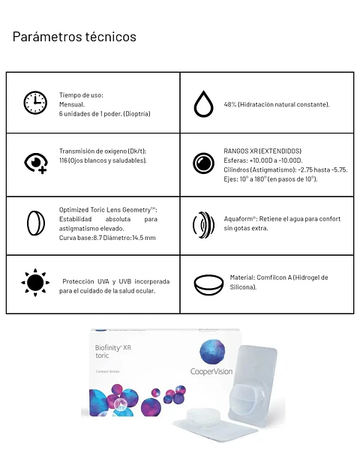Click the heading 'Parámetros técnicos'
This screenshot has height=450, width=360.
(x=74, y=36)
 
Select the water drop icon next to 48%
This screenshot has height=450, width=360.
(x=203, y=103)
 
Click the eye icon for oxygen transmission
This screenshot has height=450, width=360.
(x=35, y=162)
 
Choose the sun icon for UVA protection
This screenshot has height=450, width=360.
(x=34, y=283)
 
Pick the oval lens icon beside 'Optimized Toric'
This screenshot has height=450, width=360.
(x=34, y=223)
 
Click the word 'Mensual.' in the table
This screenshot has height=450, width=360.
(x=72, y=104)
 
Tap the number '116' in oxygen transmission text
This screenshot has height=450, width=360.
(x=64, y=160)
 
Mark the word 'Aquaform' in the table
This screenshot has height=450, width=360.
(x=239, y=218)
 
